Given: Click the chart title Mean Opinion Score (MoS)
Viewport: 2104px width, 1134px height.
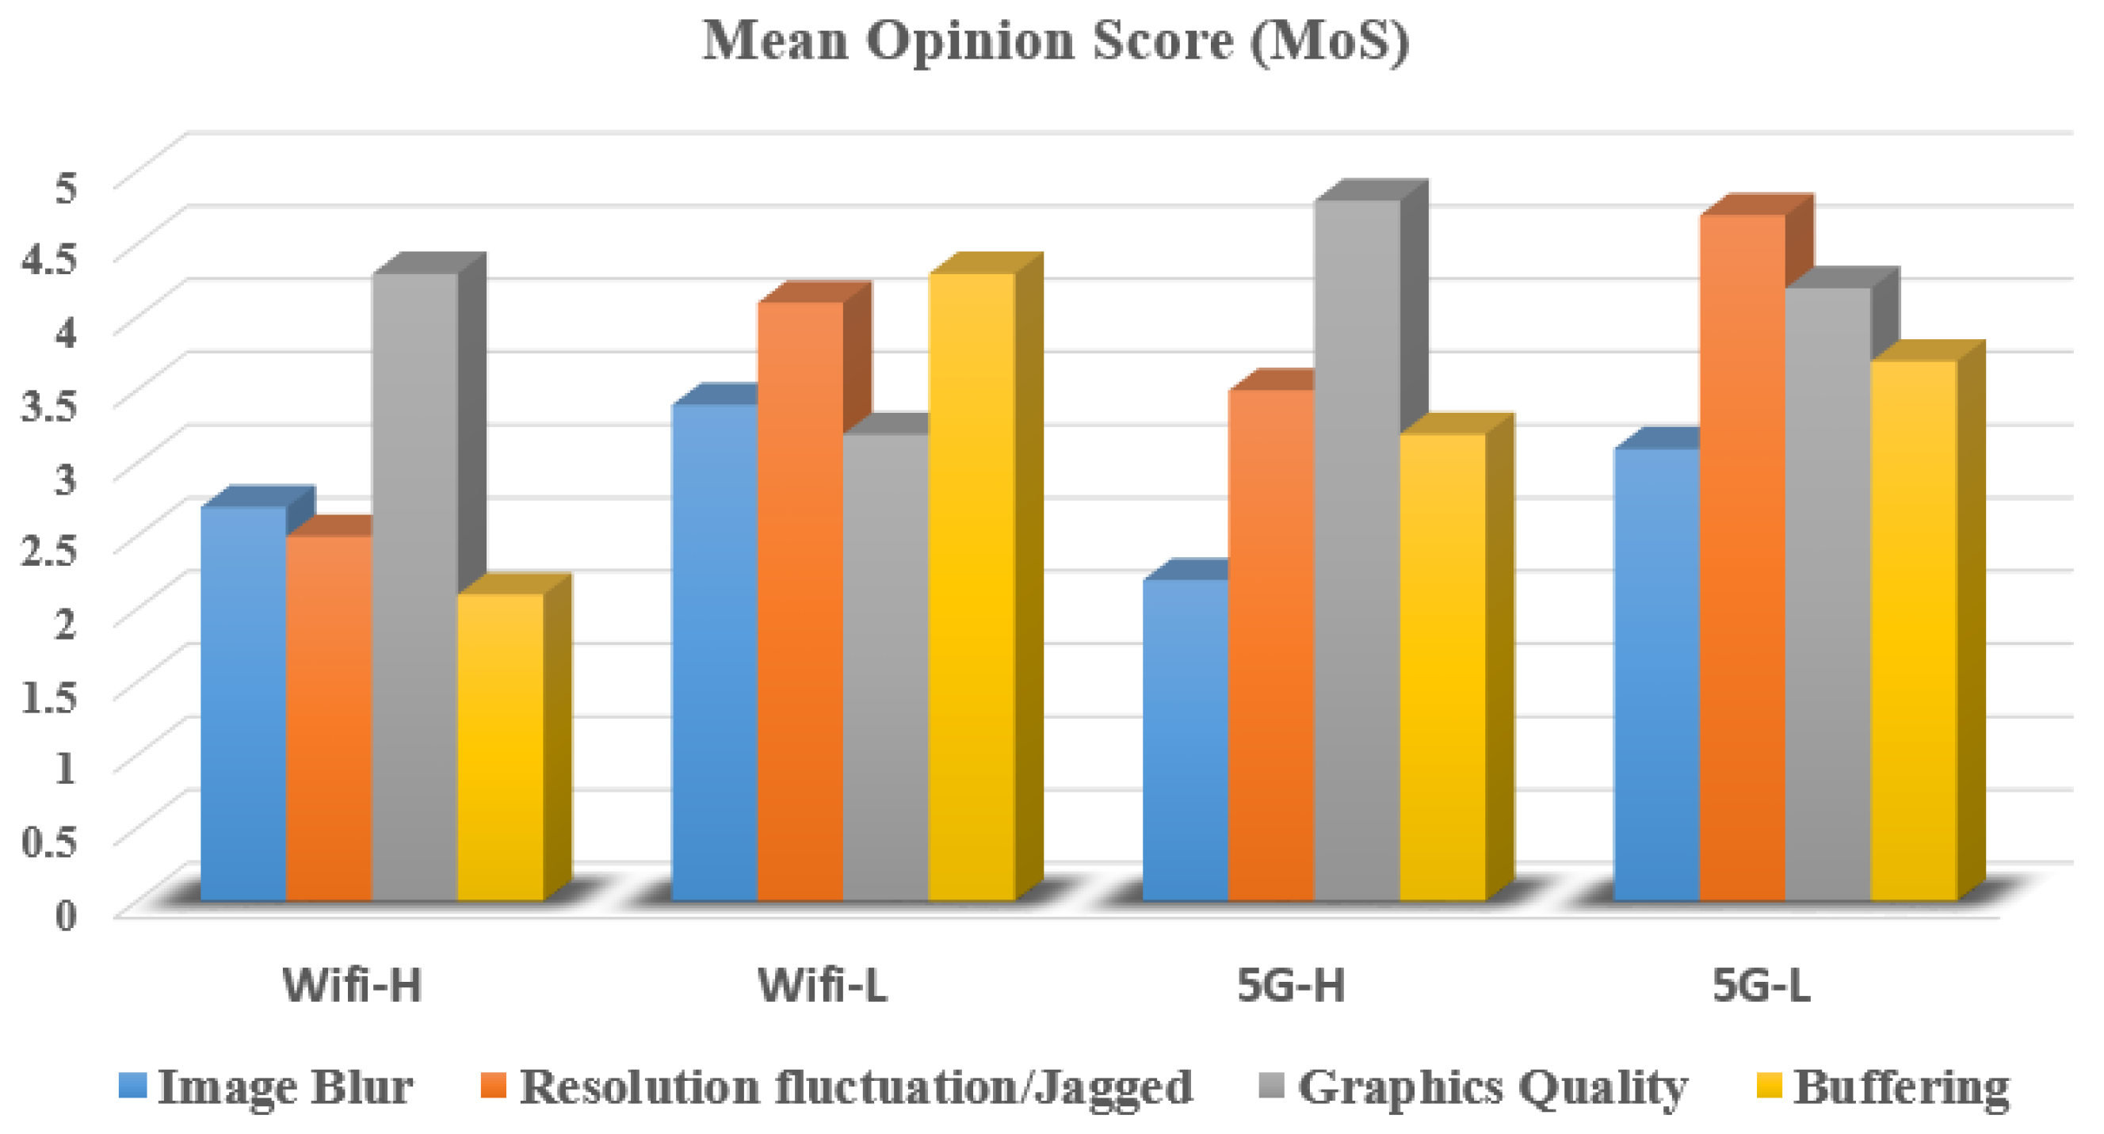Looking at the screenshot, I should coord(1056,41).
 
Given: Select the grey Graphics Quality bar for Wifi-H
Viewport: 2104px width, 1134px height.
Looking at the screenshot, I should coord(414,588).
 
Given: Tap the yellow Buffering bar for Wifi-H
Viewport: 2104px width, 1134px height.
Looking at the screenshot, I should coord(500,747).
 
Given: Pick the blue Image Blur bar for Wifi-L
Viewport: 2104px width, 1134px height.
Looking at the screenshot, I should coord(714,654).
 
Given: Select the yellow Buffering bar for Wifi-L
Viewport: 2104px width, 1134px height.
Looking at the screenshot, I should coord(971,588).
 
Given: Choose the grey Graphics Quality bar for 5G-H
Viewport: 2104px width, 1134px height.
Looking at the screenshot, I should coord(1357,552).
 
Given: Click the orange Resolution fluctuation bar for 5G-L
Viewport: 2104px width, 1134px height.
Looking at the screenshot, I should coord(1742,559).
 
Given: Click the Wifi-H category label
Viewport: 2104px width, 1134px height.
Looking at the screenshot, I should coord(352,985).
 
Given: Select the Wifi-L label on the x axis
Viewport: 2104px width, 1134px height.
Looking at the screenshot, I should coord(823,985).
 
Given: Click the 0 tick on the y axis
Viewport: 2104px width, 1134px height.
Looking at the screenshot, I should coord(65,915).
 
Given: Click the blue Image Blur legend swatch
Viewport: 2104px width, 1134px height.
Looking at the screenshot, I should coord(132,1086).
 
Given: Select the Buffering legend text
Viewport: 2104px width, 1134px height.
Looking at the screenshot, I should coord(1901,1087).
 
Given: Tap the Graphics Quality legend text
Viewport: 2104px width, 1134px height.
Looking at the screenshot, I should coord(1492,1087).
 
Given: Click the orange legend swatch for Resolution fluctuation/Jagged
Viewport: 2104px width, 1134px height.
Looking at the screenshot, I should coord(491,1086).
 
